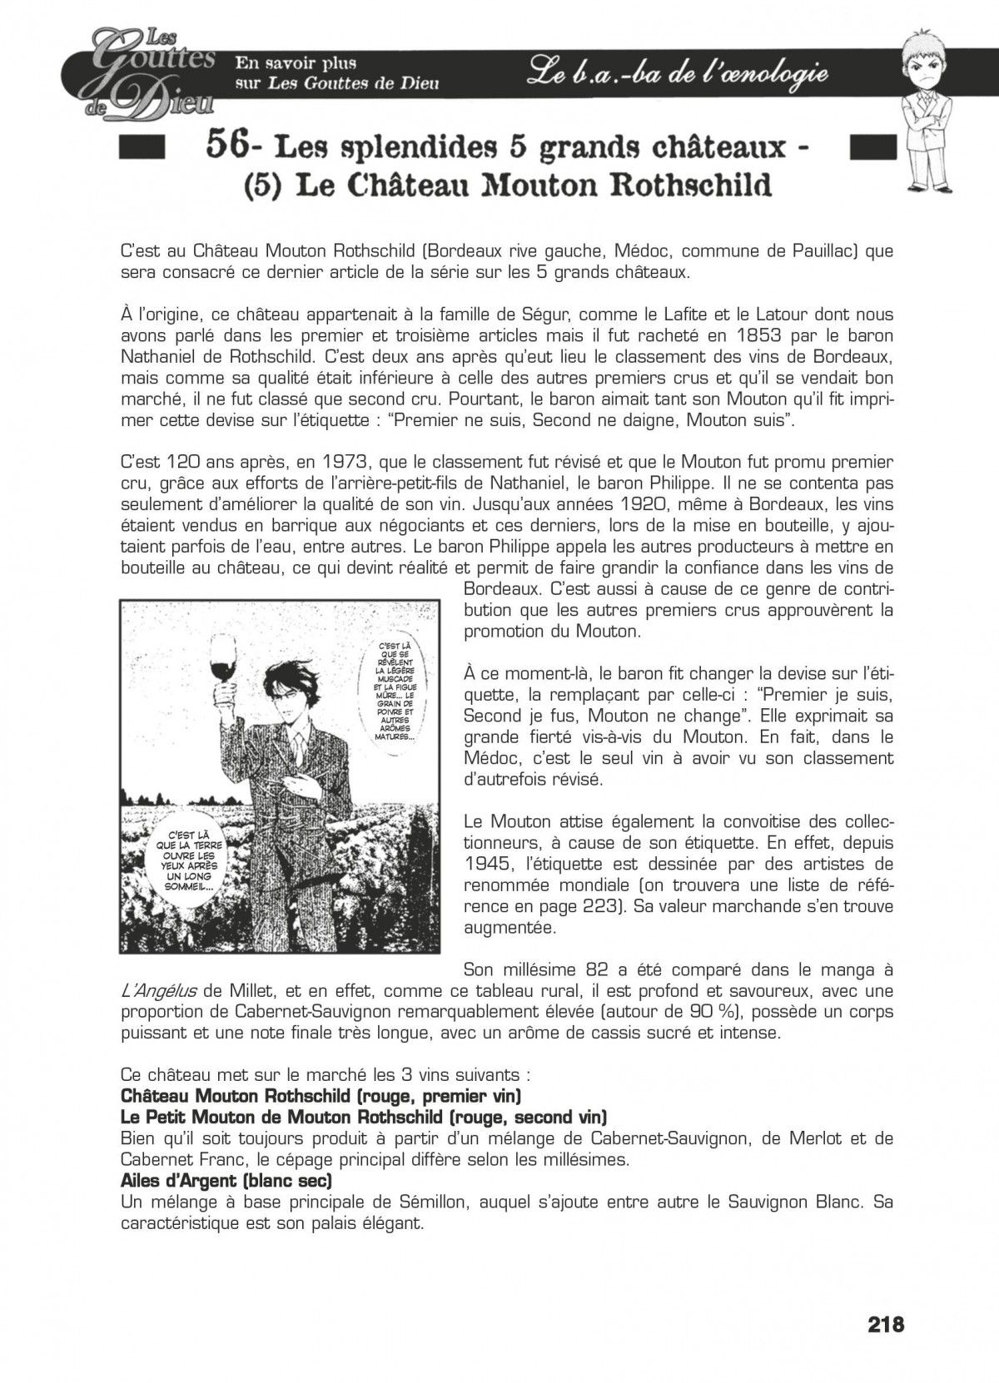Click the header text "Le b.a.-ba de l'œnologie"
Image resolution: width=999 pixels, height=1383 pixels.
point(678,75)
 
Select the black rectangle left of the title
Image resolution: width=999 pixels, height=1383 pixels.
point(139,148)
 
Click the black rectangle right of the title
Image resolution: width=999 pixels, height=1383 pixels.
point(869,148)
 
